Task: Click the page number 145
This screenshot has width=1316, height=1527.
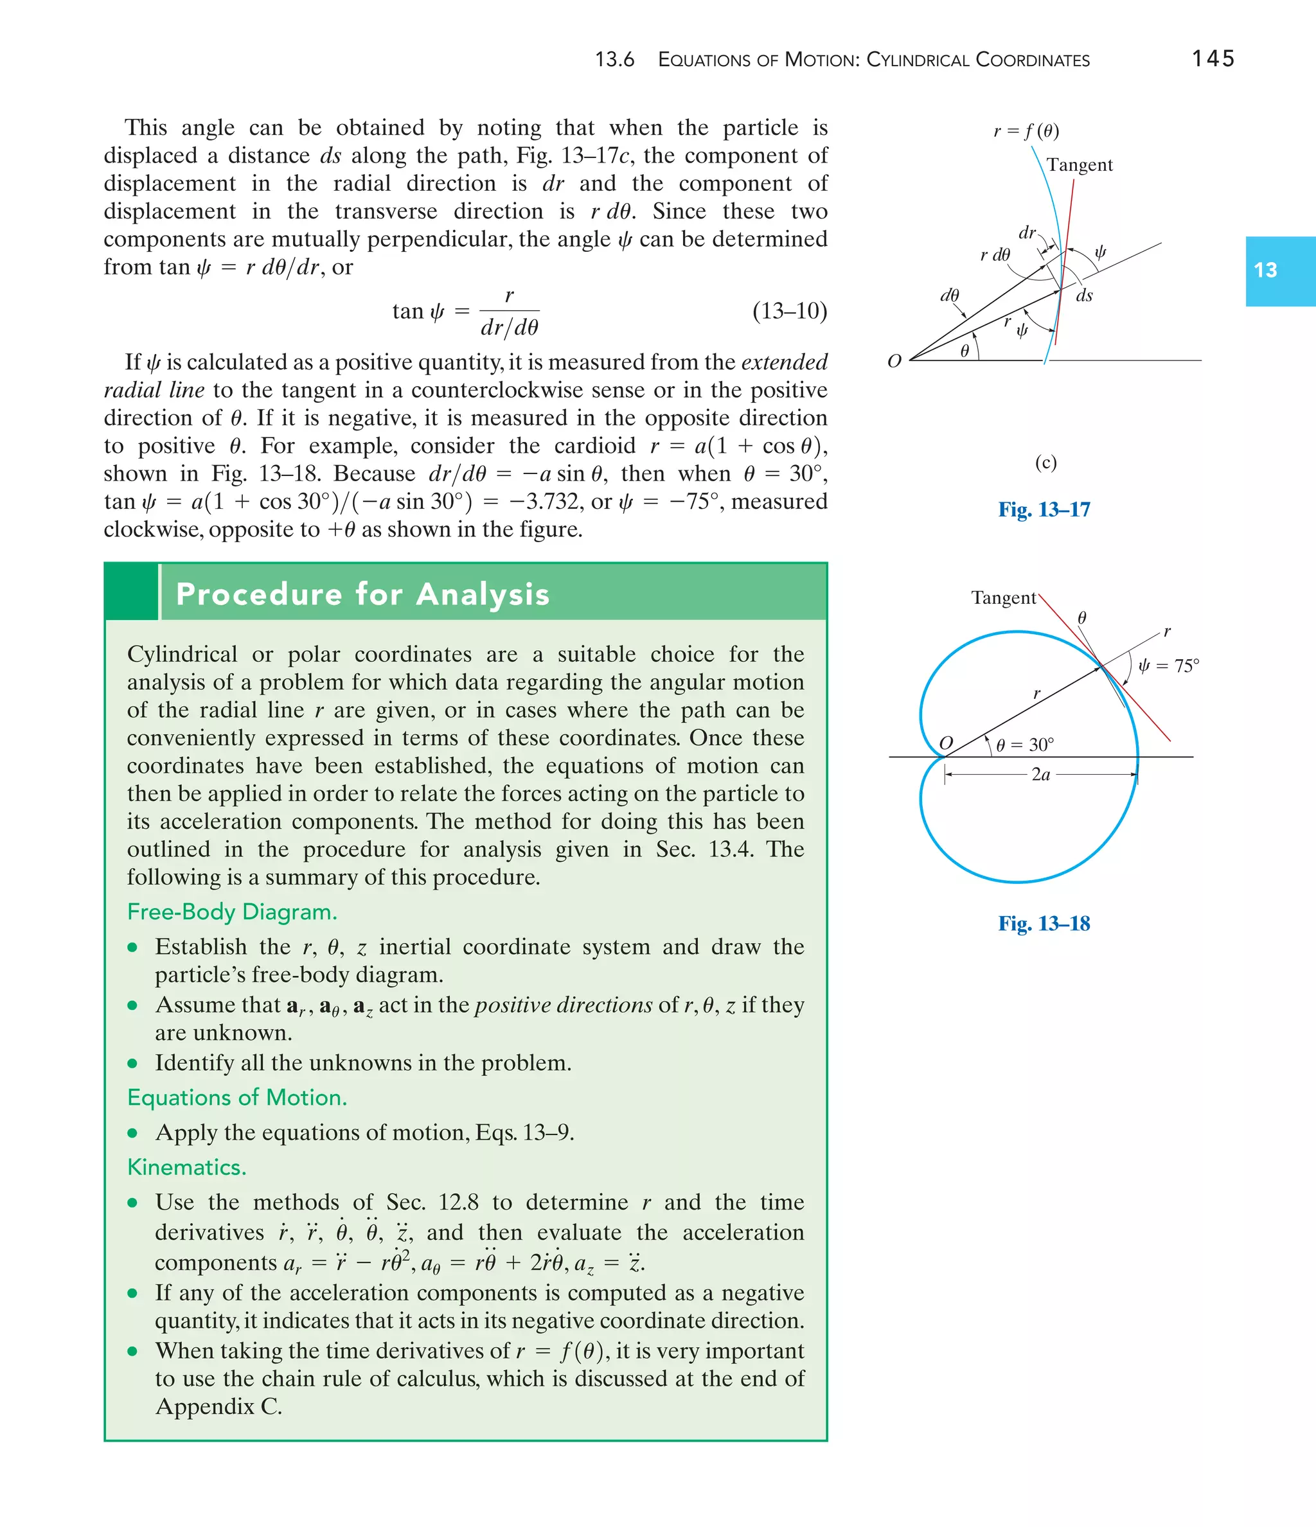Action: [x=1213, y=59]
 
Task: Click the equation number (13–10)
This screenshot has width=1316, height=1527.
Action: [x=790, y=311]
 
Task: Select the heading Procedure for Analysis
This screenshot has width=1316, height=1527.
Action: [x=362, y=594]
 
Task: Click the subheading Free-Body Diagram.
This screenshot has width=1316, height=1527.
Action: [x=231, y=912]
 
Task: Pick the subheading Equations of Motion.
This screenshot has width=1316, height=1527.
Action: [x=236, y=1097]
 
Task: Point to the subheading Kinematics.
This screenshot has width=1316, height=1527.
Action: [x=186, y=1167]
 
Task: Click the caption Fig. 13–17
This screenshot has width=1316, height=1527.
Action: [x=1044, y=509]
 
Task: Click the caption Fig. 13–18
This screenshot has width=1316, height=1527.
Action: [x=1044, y=923]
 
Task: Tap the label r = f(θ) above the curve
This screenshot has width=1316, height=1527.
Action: [x=1026, y=131]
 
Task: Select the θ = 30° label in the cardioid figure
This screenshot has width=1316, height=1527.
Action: [x=1025, y=745]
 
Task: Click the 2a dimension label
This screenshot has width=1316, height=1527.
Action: [x=1040, y=775]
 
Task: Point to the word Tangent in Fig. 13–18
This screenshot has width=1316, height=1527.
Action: [x=1004, y=597]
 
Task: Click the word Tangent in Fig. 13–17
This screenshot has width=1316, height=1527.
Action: [x=1080, y=165]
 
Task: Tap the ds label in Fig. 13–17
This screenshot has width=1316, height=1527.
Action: [x=1084, y=296]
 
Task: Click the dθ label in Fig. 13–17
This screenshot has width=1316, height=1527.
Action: [x=950, y=296]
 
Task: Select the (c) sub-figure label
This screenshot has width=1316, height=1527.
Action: [x=1045, y=463]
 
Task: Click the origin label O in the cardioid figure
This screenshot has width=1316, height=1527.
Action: [x=946, y=742]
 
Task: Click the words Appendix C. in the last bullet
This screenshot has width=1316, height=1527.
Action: [x=218, y=1407]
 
